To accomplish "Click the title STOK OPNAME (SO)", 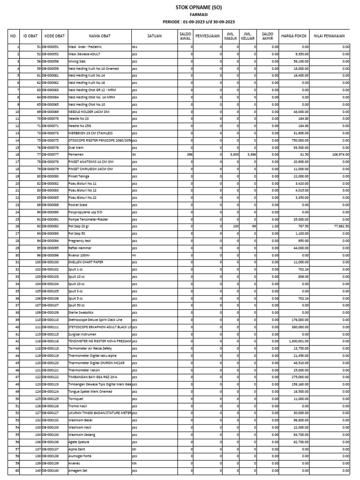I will [199, 8].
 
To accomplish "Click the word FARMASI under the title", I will [199, 15].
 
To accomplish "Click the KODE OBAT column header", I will [54, 36].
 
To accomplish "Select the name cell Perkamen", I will [76, 155].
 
